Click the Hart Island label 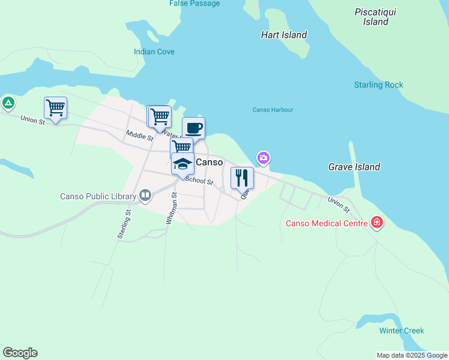(x=284, y=35)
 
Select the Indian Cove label (x=154, y=52)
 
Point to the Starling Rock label (x=379, y=85)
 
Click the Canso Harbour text (x=273, y=110)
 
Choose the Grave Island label (x=354, y=167)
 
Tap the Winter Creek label (x=402, y=331)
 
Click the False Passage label (x=194, y=4)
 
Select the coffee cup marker (x=193, y=128)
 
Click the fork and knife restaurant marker (x=242, y=178)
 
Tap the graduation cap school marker (x=182, y=164)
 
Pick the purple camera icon (x=263, y=158)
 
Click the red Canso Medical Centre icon (x=377, y=223)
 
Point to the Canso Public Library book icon (x=145, y=196)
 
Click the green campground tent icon (x=8, y=103)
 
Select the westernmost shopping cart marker (x=55, y=109)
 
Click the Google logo (x=20, y=353)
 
